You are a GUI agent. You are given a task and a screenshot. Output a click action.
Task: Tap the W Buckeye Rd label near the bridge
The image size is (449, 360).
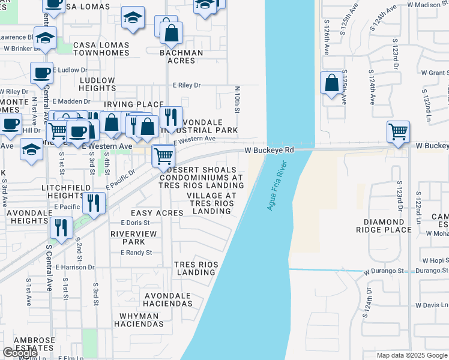269,150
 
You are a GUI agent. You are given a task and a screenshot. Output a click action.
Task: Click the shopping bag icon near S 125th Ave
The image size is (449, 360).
331,83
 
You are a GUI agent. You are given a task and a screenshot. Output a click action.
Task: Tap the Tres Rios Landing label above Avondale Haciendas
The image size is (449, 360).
194,268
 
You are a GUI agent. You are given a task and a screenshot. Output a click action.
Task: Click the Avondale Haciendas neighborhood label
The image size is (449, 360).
167,300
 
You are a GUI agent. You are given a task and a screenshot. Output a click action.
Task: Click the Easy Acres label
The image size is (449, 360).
153,214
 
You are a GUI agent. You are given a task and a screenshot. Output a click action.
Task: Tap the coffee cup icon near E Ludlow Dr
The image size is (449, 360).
41,73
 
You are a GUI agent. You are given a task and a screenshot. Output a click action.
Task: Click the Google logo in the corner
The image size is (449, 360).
20,353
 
